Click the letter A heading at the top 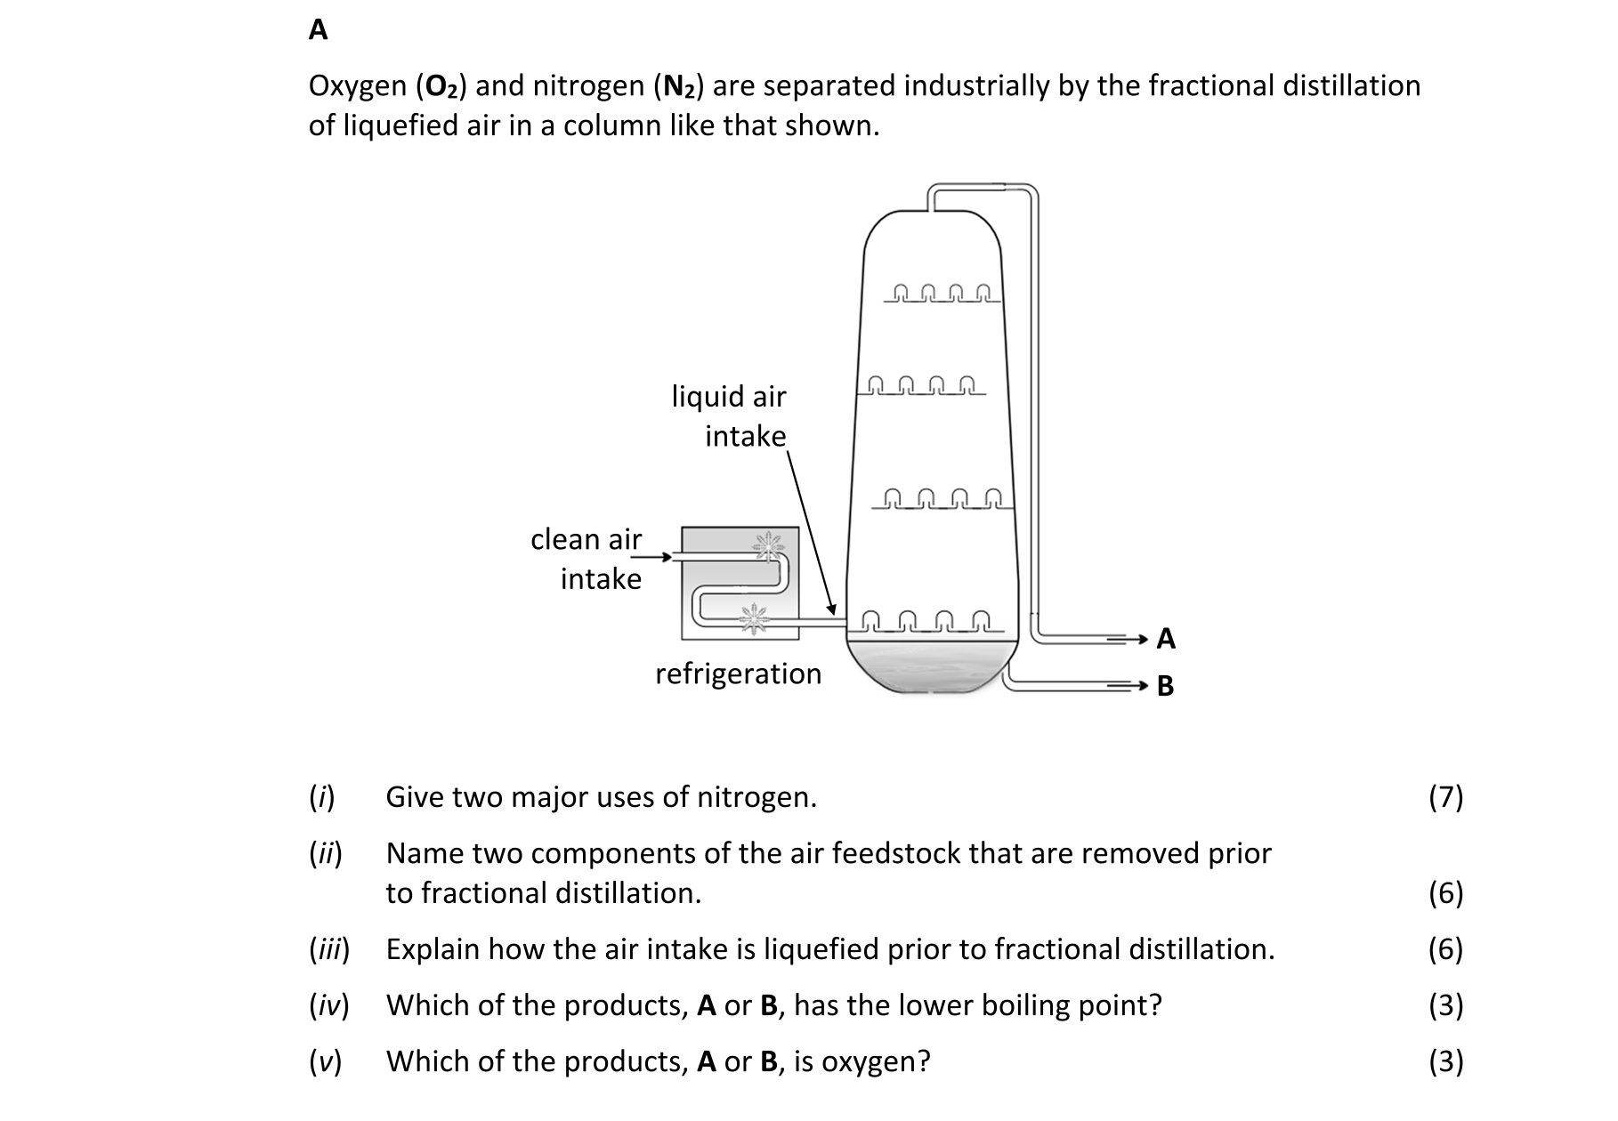(x=318, y=30)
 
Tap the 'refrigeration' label (x=739, y=674)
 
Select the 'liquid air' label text (x=729, y=396)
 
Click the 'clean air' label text (x=586, y=539)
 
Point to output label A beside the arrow (x=1166, y=639)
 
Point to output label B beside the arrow (x=1165, y=686)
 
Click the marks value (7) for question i (x=1445, y=797)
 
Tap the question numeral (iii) (x=329, y=950)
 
